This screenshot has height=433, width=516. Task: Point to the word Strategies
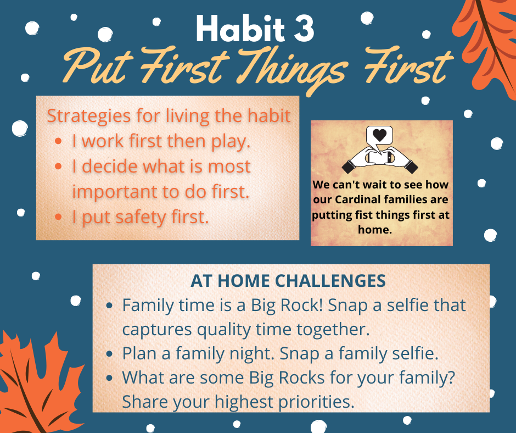89,116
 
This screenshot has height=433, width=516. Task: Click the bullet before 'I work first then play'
58,141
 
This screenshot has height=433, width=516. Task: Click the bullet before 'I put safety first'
58,217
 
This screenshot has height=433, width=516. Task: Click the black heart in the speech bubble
379,135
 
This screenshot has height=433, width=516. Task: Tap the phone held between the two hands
380,157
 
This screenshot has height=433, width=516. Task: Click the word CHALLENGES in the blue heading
330,281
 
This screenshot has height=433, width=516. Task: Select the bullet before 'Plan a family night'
110,353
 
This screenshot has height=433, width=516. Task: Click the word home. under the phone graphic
375,229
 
